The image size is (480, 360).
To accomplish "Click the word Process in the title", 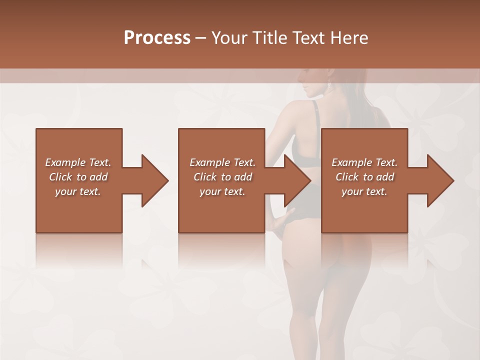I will tap(157, 38).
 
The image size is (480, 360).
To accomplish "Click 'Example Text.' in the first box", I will tap(78, 162).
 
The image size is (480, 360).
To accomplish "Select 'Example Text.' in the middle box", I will tap(222, 162).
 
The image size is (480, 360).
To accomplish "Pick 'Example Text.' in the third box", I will tap(364, 162).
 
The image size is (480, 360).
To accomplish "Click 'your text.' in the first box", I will tap(78, 191).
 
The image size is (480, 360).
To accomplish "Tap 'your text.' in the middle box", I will tap(222, 191).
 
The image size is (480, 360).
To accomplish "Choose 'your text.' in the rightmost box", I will tap(364, 191).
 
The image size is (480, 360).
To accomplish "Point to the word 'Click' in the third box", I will tap(347, 177).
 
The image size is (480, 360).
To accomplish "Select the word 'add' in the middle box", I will tap(242, 177).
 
